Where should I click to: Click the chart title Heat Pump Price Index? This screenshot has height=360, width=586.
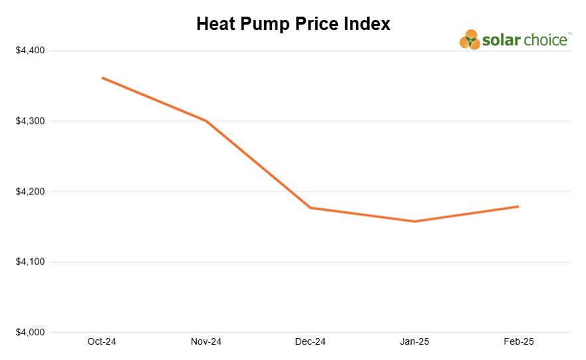(x=293, y=24)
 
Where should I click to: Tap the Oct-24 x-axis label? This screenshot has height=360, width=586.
(x=102, y=342)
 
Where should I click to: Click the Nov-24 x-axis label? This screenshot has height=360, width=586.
(x=206, y=342)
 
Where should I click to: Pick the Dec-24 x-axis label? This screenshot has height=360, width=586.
(x=310, y=342)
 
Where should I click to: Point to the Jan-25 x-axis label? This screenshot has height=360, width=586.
(x=414, y=342)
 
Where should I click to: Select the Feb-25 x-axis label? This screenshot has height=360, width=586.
(x=519, y=342)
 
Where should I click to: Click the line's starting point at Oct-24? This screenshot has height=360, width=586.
(x=102, y=78)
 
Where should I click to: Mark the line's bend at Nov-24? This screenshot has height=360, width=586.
(x=206, y=121)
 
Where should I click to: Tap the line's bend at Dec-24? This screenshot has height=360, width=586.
(x=311, y=208)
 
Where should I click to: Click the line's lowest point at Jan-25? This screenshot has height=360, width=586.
(x=414, y=222)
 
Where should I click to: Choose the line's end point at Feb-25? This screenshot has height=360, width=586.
(x=518, y=206)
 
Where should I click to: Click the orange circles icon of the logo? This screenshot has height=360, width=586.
(x=470, y=40)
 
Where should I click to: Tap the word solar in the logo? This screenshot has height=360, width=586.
(x=502, y=40)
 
